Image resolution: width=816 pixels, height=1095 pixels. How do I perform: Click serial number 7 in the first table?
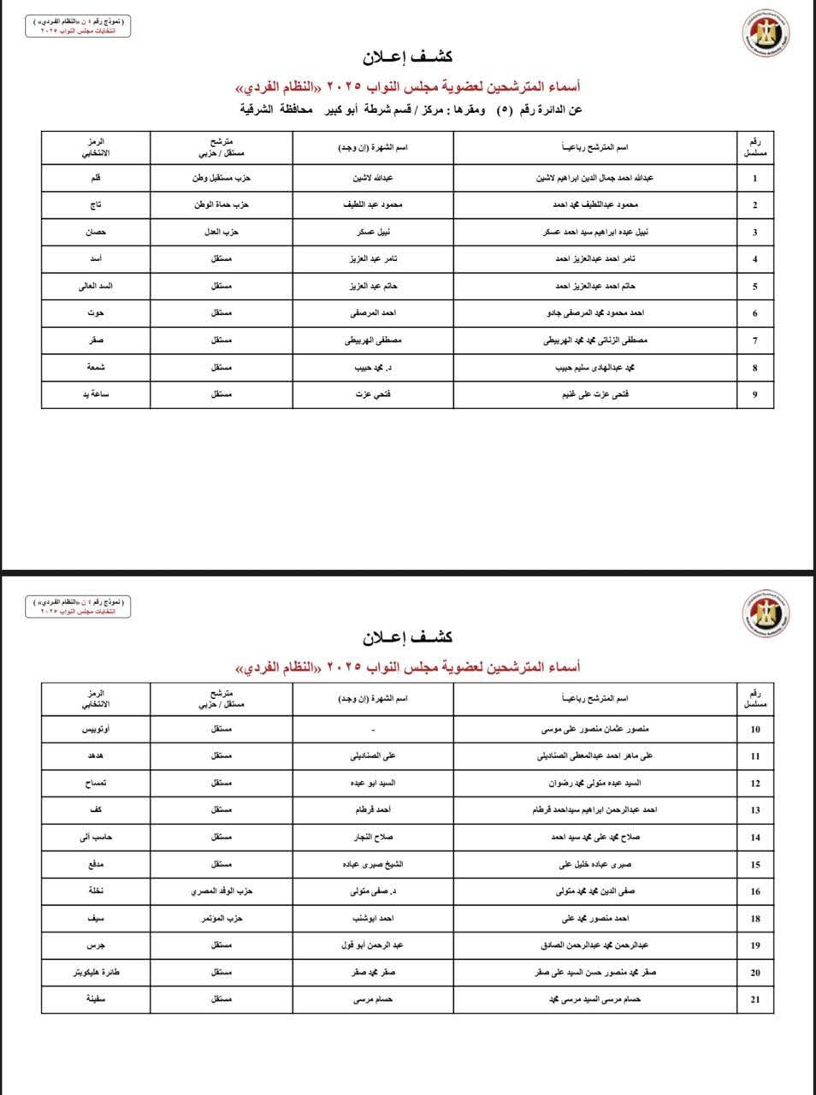tap(754, 340)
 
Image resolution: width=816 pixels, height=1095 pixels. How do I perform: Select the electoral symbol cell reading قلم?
tap(96, 179)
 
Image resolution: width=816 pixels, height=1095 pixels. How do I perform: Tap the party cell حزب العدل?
tap(222, 233)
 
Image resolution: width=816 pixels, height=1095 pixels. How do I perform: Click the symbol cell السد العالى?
tap(96, 287)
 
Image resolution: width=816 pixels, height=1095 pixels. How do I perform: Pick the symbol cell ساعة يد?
tap(96, 394)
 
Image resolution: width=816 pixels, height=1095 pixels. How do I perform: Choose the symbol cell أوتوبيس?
tap(96, 730)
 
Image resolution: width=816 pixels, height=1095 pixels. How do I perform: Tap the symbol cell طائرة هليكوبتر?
tap(96, 973)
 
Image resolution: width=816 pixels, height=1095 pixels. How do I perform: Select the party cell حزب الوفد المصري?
tap(222, 891)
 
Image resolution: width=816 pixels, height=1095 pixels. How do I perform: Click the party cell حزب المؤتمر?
tap(222, 919)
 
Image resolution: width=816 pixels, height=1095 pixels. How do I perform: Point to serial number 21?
tap(754, 999)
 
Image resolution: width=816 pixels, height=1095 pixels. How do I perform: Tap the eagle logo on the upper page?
tap(765, 38)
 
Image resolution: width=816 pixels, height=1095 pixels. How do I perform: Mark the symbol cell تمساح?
tap(96, 784)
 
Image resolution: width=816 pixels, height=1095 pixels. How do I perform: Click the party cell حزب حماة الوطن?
tap(222, 205)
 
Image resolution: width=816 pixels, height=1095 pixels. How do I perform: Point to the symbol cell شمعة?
tap(96, 368)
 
